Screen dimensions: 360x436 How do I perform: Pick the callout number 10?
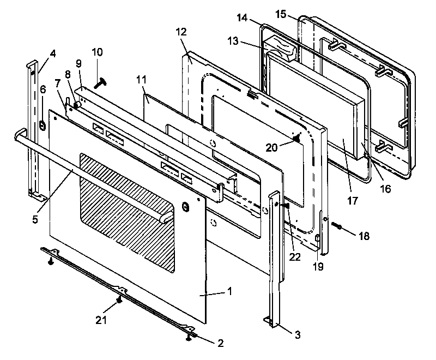tap(97, 52)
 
